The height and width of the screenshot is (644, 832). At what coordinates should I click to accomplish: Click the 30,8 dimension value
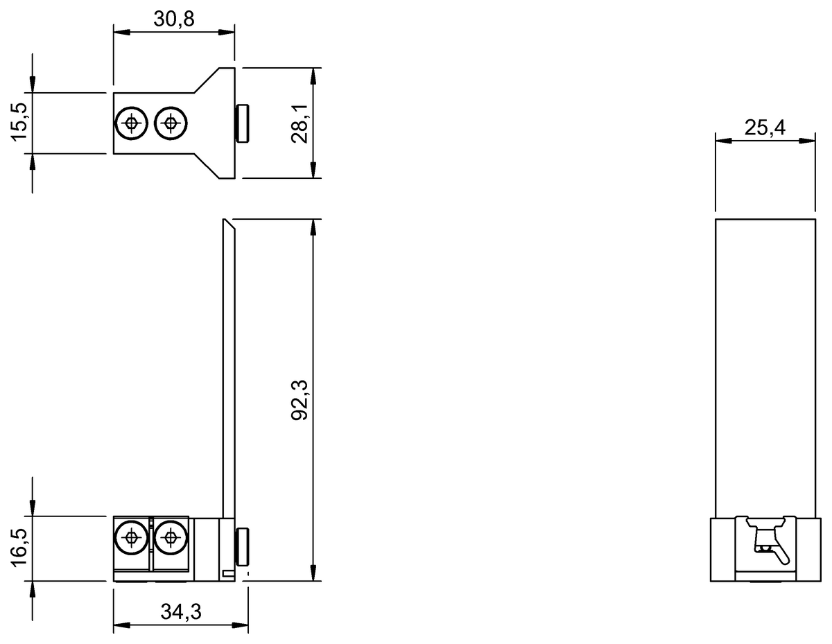click(x=173, y=19)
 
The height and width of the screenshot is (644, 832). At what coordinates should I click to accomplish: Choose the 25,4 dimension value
click(x=764, y=127)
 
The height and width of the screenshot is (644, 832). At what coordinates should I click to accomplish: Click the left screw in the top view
click(x=131, y=123)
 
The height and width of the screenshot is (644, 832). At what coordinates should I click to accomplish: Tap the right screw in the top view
click(x=170, y=123)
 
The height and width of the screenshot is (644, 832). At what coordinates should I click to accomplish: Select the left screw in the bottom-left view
click(x=131, y=537)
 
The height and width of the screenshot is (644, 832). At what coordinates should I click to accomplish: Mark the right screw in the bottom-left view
click(x=169, y=537)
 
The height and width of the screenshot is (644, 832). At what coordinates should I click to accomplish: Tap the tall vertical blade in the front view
click(x=228, y=367)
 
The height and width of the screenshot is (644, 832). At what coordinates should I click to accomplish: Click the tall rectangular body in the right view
click(x=764, y=367)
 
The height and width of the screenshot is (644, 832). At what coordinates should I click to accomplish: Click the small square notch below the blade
click(x=227, y=573)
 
